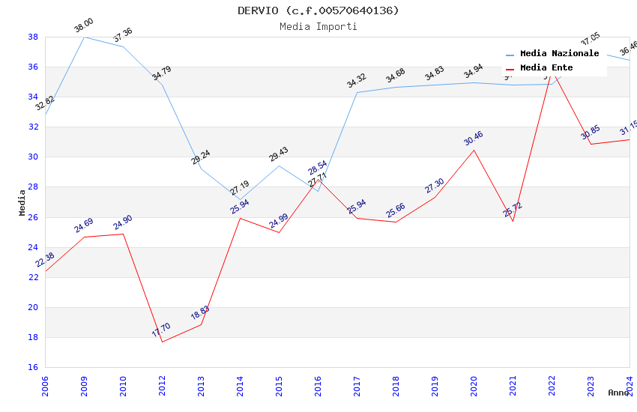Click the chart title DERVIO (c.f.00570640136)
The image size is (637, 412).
coord(318,10)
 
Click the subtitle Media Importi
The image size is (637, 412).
coord(318,26)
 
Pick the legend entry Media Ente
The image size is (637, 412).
coord(546,68)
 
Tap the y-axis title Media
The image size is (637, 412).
coord(22,202)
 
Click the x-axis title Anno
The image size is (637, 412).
coord(618,393)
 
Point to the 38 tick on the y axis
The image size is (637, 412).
coord(33,37)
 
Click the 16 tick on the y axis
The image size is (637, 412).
coord(33,367)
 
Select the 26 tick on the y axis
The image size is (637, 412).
coord(33,217)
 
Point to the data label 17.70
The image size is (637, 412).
coord(161,330)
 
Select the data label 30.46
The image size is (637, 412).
coord(474,139)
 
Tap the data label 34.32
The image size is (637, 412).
coord(357,81)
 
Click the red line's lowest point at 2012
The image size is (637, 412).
coord(162,342)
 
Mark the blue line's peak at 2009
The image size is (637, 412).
coord(84,37)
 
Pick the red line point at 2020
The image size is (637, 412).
coord(474,150)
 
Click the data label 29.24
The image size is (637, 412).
coord(201,157)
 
